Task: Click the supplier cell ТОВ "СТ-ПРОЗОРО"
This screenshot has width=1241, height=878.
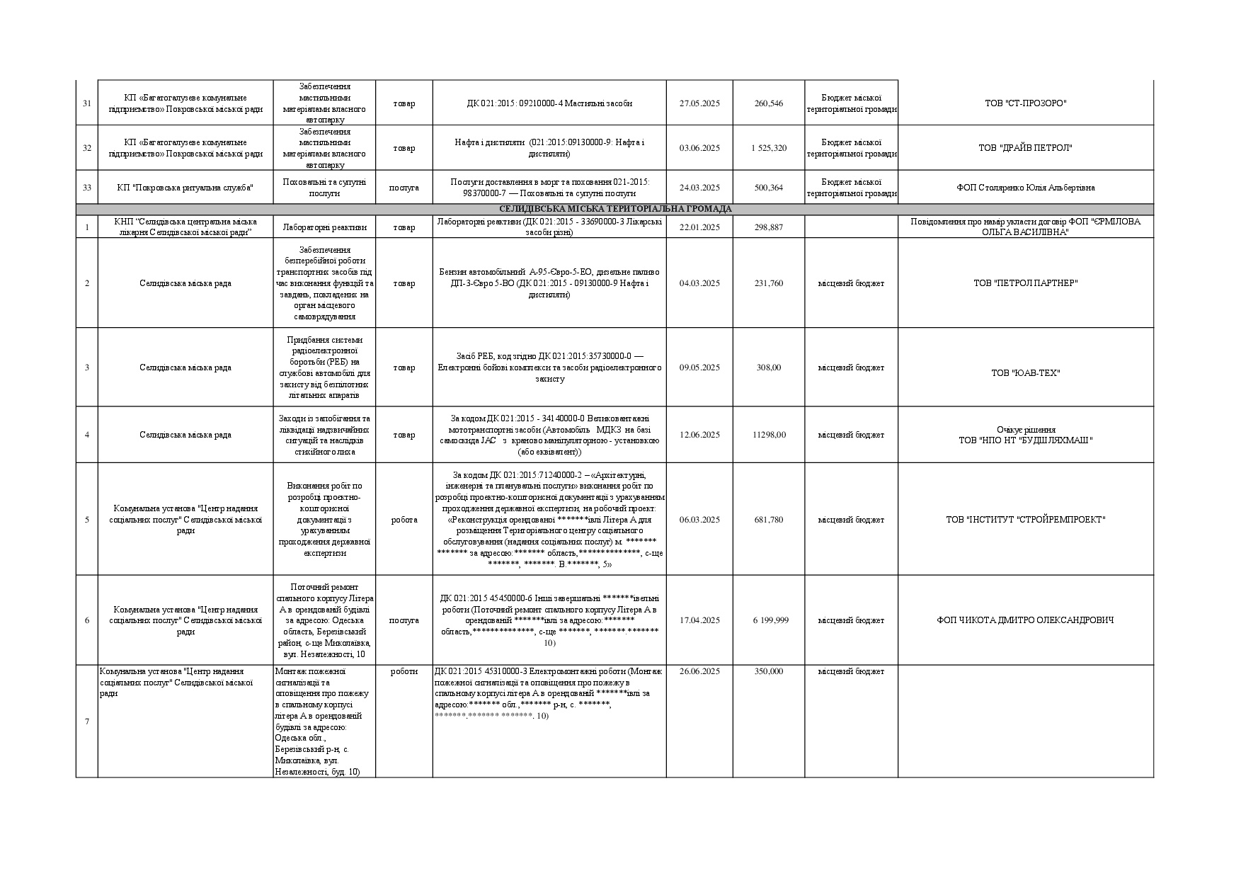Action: pos(1025,103)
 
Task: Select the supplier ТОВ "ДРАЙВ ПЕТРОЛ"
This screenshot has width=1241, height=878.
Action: pos(1025,148)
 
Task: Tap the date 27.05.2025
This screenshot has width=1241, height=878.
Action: pos(699,103)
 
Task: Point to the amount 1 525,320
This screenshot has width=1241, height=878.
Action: pos(769,148)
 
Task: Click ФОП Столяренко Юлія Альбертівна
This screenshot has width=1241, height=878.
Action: pos(1025,188)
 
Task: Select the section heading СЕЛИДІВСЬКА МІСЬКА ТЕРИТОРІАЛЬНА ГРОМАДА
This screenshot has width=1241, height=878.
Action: pos(614,209)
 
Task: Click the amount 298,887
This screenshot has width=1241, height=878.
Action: pos(769,227)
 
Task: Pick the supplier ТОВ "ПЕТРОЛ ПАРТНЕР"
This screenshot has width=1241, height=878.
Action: pos(1025,283)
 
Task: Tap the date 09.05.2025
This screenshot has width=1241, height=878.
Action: pos(699,367)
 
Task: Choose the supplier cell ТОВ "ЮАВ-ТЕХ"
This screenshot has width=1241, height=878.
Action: pos(1025,373)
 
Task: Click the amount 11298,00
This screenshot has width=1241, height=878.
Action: pos(769,435)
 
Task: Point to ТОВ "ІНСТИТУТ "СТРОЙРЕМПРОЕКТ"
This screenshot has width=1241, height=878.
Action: pos(1025,520)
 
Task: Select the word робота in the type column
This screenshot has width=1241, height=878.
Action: pos(404,520)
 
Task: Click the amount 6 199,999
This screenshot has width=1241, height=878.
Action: pos(769,620)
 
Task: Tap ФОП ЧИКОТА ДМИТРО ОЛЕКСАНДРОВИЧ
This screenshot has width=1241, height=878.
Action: pos(1025,620)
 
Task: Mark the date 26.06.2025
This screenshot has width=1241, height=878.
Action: pos(699,671)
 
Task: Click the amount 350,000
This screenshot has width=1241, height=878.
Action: pos(769,671)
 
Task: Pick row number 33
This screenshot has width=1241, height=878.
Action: pos(87,188)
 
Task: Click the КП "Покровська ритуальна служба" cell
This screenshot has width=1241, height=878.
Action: pos(185,188)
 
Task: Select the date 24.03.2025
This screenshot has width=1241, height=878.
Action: pos(699,188)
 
